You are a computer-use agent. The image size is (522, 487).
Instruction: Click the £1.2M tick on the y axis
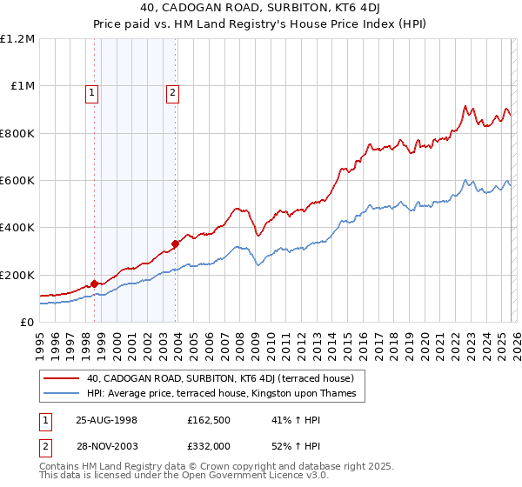[x=17, y=39]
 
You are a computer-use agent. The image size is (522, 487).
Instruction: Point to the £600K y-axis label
[x=17, y=181]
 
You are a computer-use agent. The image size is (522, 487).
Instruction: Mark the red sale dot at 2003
[x=176, y=243]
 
